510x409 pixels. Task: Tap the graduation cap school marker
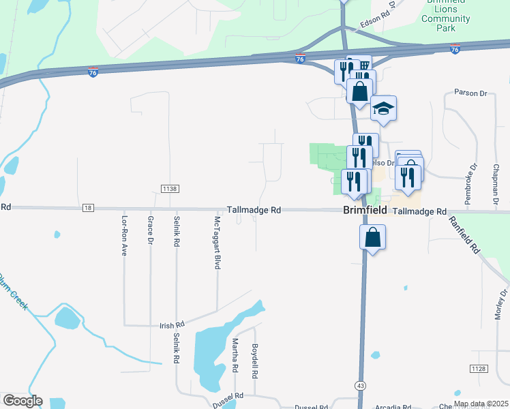click(x=383, y=108)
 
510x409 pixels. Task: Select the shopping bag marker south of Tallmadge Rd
click(x=372, y=238)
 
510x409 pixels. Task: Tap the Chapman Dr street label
click(x=495, y=185)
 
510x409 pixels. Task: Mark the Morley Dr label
click(x=503, y=304)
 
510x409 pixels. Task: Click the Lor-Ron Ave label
click(x=124, y=235)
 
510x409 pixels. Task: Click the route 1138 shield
click(x=170, y=187)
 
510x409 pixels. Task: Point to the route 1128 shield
click(x=478, y=368)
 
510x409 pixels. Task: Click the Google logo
click(x=22, y=401)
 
